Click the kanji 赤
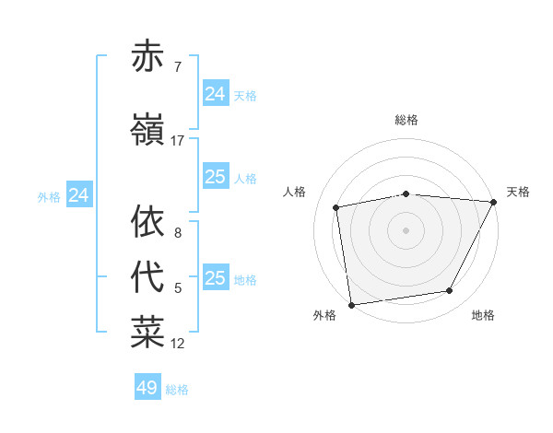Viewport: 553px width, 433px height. click(147, 57)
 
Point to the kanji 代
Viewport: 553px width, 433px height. click(147, 278)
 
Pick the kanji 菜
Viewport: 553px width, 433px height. click(147, 334)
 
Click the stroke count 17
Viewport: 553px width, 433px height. click(177, 141)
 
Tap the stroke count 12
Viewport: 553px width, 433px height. click(178, 344)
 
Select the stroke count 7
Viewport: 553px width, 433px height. click(177, 67)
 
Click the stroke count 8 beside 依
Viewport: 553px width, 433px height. click(177, 233)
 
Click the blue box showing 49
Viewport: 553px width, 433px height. click(147, 388)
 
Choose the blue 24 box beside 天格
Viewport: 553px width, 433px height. click(216, 94)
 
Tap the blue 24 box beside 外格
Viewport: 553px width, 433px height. click(79, 195)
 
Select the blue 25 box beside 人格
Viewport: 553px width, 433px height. click(216, 177)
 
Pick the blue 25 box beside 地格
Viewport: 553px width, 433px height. click(216, 278)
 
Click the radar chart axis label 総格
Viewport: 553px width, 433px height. click(406, 120)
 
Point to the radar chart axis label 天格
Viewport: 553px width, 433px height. click(518, 192)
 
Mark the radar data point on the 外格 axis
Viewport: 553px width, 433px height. click(351, 304)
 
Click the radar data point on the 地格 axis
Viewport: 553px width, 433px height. click(450, 291)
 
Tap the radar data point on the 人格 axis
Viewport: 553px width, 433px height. click(336, 207)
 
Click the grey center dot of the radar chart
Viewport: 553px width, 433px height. click(406, 229)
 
